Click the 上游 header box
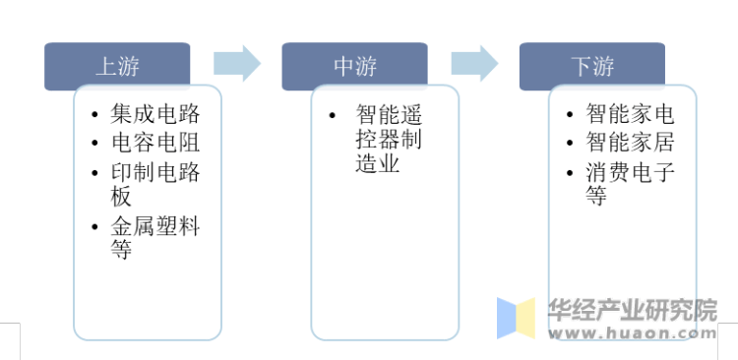click(117, 66)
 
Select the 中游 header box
click(354, 66)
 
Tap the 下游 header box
click(592, 66)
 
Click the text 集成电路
click(155, 114)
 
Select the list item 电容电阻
click(155, 143)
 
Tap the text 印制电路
click(155, 172)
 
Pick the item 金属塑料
click(155, 227)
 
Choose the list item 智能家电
click(630, 114)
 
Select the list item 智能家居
click(630, 143)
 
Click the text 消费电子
click(630, 172)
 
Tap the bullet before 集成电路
click(92, 115)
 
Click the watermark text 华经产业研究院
click(633, 312)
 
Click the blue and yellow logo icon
click(516, 319)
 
